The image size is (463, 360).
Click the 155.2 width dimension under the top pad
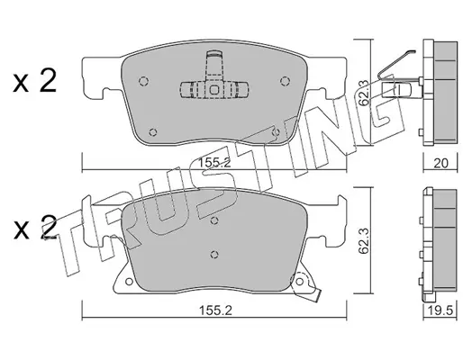tap(214, 163)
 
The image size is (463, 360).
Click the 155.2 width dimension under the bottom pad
tap(216, 310)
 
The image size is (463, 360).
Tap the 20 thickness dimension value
tap(441, 163)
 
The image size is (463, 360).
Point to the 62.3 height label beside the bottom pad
tap(364, 240)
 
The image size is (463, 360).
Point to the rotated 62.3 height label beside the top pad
tap(364, 92)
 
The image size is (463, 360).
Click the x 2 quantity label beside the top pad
tap(35, 80)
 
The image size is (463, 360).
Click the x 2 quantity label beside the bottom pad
tap(35, 228)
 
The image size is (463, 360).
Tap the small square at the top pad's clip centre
tap(214, 90)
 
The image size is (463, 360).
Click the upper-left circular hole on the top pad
tap(144, 81)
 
